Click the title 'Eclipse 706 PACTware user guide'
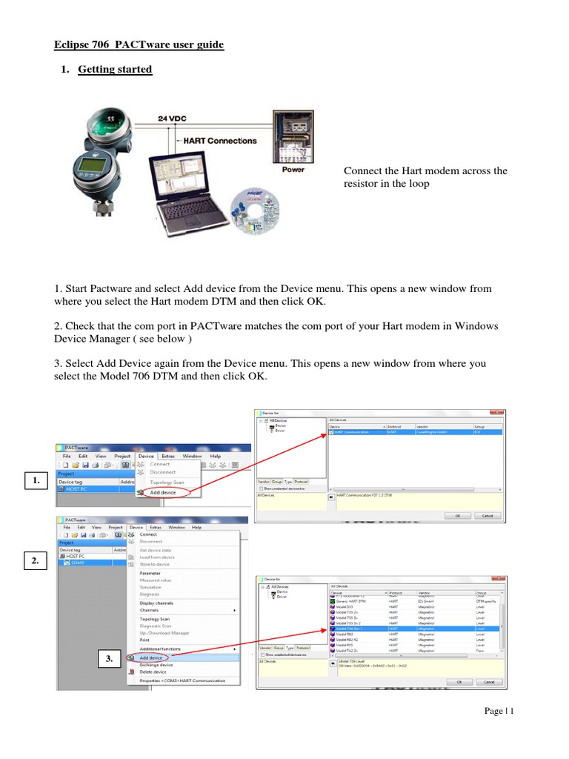pos(139,45)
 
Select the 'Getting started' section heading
pos(115,70)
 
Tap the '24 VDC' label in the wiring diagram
pos(176,118)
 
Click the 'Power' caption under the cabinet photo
pos(293,169)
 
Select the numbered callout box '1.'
pos(35,482)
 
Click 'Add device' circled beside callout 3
pos(152,657)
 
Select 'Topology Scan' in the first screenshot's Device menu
pos(167,483)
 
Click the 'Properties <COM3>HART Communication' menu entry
pos(182,680)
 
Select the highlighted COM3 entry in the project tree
pos(77,563)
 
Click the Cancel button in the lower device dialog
pos(488,682)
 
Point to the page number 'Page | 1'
pos(499,712)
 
